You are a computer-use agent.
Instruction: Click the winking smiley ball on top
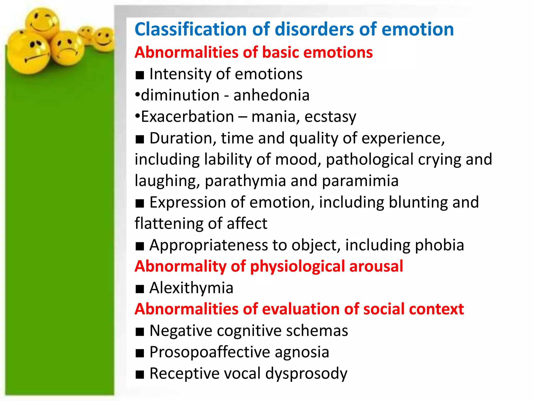coord(42,23)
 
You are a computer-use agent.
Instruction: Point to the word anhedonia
coord(271,95)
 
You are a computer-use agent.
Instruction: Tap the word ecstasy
coord(330,117)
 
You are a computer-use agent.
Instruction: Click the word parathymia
coord(245,181)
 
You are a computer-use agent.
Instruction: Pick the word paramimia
coord(360,181)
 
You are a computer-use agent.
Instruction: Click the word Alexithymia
coord(191,288)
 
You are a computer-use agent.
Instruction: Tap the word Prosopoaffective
coord(210,352)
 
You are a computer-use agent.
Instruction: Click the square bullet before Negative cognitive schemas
coord(140,332)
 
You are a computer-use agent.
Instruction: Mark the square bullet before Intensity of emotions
coord(140,75)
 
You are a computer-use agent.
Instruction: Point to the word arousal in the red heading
coord(376,266)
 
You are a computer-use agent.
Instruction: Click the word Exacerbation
coord(187,116)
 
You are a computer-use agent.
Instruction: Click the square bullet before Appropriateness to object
coord(140,246)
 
